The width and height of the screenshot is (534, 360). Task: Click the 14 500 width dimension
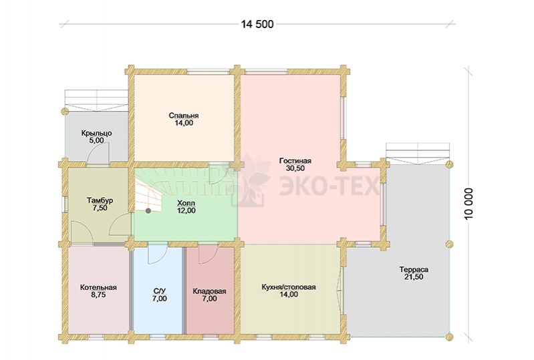tap(257, 24)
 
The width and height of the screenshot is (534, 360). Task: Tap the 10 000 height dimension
tap(469, 204)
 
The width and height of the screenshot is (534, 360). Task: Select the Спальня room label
tap(184, 116)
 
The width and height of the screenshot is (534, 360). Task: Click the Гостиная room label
tap(295, 160)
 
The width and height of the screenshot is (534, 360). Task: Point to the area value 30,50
tap(295, 168)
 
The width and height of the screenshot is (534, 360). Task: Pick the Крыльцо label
tap(97, 133)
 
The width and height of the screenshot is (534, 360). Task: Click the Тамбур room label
tap(100, 200)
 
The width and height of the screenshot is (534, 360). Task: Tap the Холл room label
tap(186, 203)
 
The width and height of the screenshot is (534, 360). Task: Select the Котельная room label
tap(98, 287)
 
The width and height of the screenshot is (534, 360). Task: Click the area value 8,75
tap(98, 295)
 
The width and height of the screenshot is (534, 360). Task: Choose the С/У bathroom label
tap(160, 291)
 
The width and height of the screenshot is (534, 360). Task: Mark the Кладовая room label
tap(209, 291)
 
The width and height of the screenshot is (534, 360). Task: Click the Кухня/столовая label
tap(289, 287)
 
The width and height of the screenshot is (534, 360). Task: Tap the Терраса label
tap(414, 269)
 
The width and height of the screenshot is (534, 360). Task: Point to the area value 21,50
tap(414, 277)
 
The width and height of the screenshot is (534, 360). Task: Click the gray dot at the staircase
tap(148, 210)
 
